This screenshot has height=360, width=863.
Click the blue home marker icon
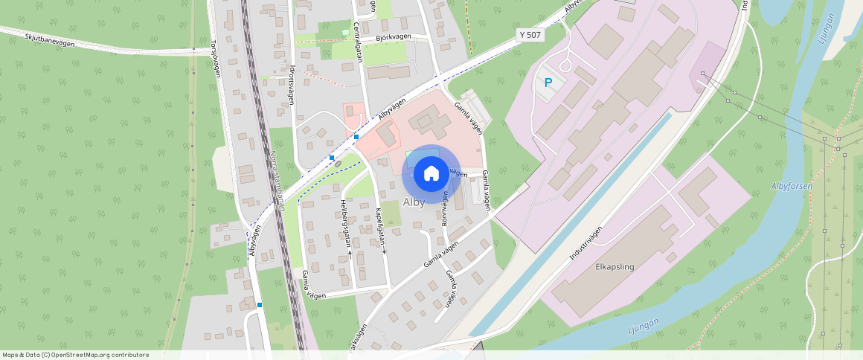tap(431, 174)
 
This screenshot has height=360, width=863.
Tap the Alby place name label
tap(414, 202)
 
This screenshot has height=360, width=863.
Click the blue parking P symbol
tap(548, 83)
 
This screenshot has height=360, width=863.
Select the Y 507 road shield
tap(530, 35)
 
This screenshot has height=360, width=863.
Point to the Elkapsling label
tap(615, 266)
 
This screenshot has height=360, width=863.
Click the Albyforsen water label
tap(792, 186)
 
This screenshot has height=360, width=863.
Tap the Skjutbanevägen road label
tap(50, 39)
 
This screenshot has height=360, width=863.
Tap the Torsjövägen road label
tap(216, 58)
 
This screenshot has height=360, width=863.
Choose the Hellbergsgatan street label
tap(344, 221)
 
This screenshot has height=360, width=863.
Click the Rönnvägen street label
tap(446, 211)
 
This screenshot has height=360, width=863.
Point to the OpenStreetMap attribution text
tap(74, 355)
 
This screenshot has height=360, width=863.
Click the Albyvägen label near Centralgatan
tap(391, 109)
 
